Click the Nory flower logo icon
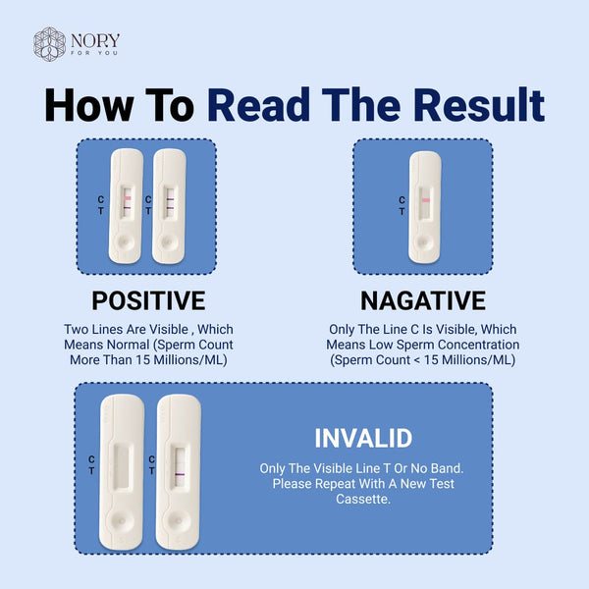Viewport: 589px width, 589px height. [50, 44]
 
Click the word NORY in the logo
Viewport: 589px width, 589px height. [95, 40]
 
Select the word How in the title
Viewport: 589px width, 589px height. [89, 105]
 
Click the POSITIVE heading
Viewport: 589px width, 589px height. [148, 300]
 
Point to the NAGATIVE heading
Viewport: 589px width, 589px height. [423, 300]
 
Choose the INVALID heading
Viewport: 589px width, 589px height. [363, 438]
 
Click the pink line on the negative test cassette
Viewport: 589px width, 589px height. [426, 200]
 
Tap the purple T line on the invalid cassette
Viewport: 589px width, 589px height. [180, 474]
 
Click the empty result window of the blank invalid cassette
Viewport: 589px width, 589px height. [123, 467]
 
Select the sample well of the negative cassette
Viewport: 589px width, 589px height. [423, 241]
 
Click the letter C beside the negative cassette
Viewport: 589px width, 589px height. [402, 200]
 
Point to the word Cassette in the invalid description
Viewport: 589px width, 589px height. [363, 500]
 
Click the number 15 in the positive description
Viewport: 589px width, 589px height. [143, 360]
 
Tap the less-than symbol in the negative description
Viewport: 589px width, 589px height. [416, 360]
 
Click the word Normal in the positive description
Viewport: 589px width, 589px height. [128, 345]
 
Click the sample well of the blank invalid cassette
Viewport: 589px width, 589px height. [122, 521]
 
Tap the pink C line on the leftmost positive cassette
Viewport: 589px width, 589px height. [128, 198]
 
